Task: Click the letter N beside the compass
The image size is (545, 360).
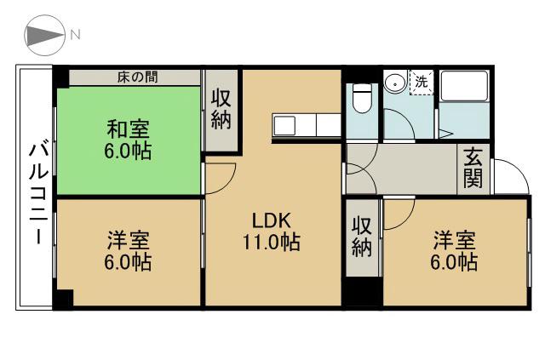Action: pyautogui.click(x=75, y=35)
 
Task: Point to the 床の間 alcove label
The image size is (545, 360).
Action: pyautogui.click(x=135, y=77)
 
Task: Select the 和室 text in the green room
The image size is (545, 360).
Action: pyautogui.click(x=128, y=130)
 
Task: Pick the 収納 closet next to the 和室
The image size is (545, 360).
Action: pyautogui.click(x=221, y=109)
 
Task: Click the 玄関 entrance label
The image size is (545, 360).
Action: pyautogui.click(x=473, y=169)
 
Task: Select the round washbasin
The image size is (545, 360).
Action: pyautogui.click(x=395, y=83)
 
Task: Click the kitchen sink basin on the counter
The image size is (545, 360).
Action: pyautogui.click(x=284, y=125)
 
